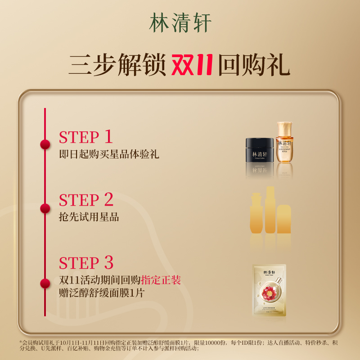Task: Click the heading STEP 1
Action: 85,137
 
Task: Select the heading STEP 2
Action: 86,200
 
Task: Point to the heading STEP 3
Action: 86,263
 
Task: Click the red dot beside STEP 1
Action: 45,144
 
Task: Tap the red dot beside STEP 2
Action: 45,208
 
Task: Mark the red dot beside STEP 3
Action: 45,283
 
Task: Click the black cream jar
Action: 259,151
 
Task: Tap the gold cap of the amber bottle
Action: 284,127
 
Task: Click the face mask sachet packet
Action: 269,289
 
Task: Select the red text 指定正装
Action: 161,280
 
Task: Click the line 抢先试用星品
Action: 89,217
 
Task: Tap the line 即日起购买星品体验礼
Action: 109,154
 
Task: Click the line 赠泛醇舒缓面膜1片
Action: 104,293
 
